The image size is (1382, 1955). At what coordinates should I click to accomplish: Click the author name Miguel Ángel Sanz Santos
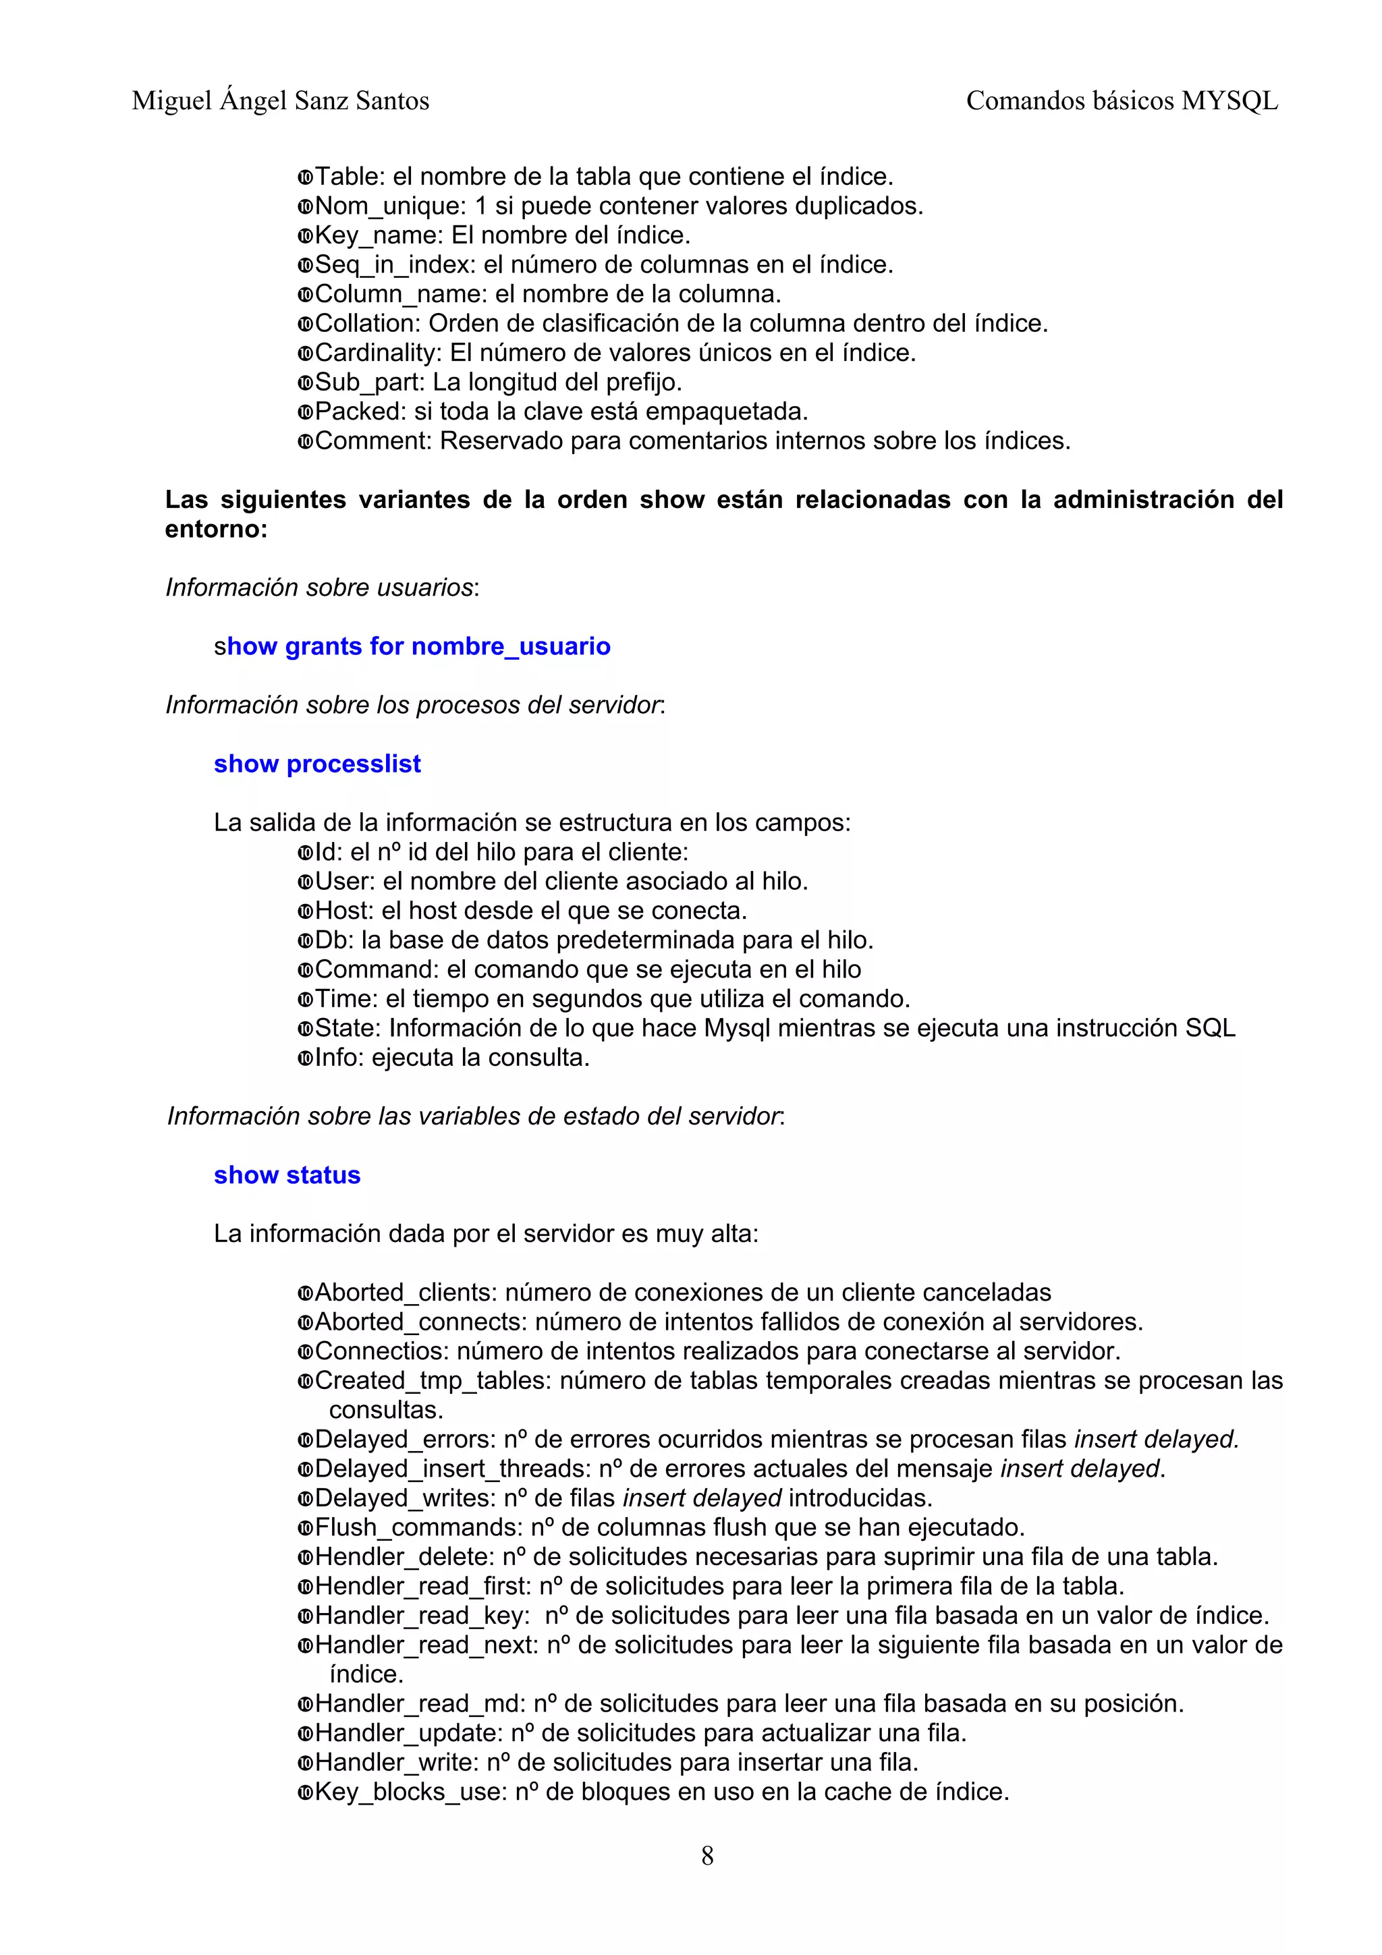(280, 101)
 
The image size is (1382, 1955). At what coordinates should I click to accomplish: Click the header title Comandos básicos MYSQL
(1122, 101)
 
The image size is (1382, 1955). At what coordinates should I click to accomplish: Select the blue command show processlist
(316, 764)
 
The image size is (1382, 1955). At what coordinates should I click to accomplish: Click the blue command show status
(287, 1175)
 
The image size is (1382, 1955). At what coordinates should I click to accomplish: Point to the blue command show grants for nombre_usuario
(412, 646)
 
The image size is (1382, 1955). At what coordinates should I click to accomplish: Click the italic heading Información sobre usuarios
(319, 588)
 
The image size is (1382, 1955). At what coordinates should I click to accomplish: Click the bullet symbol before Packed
(305, 412)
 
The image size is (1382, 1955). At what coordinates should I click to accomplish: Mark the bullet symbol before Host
(305, 911)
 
